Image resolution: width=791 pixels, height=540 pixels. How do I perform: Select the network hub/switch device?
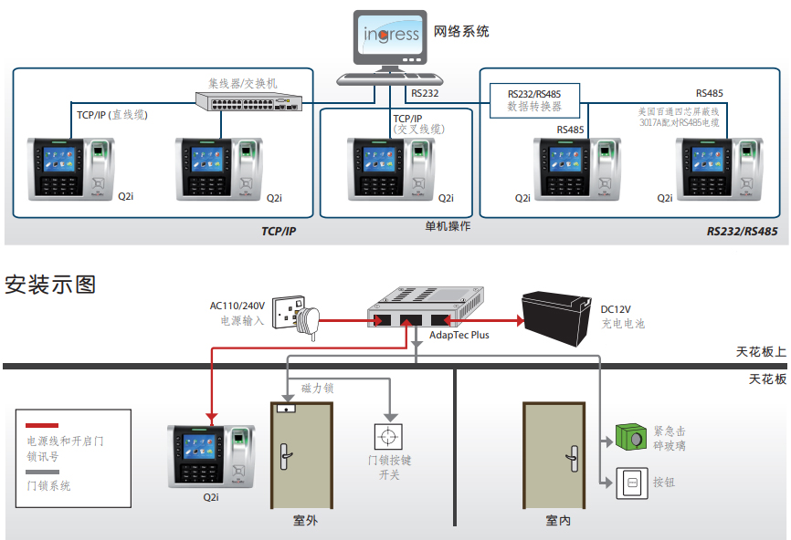[249, 101]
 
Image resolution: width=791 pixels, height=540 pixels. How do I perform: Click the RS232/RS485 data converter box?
[534, 100]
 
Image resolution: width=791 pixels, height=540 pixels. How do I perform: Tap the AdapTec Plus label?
[459, 335]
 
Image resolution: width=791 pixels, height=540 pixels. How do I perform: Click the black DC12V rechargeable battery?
[556, 317]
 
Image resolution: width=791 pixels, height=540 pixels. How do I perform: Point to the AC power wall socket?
[289, 312]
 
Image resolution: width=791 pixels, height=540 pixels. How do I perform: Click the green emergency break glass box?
[630, 437]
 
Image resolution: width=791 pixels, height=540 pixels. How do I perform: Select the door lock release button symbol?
[388, 436]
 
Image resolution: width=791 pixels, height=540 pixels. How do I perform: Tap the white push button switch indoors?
[631, 483]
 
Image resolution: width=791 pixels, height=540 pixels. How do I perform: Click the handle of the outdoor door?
[285, 456]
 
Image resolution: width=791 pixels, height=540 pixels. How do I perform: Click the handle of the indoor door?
[573, 459]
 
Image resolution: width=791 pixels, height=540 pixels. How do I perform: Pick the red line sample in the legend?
[42, 425]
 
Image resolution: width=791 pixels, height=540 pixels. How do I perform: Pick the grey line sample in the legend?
[42, 472]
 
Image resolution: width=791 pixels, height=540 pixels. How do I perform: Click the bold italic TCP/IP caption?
[279, 231]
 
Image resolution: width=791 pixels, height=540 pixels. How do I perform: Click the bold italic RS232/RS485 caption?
[742, 231]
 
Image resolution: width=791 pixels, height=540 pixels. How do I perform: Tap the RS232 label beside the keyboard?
[425, 93]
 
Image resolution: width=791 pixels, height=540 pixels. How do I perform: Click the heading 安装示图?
[50, 285]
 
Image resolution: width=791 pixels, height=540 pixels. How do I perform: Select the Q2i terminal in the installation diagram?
[211, 457]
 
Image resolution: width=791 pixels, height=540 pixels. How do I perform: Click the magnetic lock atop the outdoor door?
[286, 409]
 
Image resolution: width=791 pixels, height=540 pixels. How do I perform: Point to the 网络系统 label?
[461, 31]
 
